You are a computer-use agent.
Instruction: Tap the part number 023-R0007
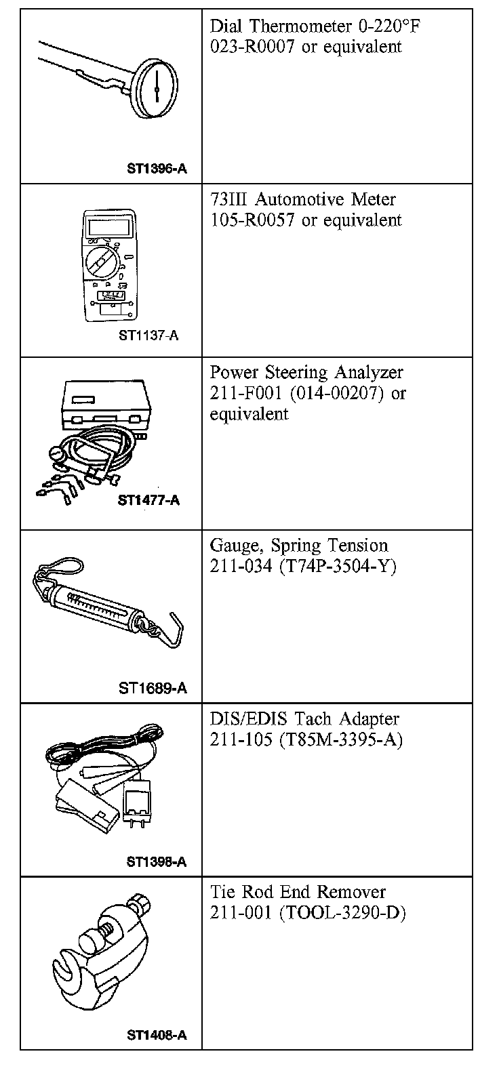click(x=253, y=47)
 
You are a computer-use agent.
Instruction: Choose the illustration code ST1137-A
click(x=148, y=335)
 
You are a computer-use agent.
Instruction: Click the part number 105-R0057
click(x=253, y=220)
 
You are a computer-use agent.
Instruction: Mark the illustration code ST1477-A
click(x=148, y=501)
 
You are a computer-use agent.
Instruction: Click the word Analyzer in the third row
click(x=370, y=372)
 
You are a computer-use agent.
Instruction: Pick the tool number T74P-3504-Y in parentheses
click(x=337, y=566)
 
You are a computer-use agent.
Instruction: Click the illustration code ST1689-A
click(x=153, y=689)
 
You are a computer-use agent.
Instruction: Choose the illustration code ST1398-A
click(x=156, y=862)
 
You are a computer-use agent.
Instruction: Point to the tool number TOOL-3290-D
click(x=342, y=913)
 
